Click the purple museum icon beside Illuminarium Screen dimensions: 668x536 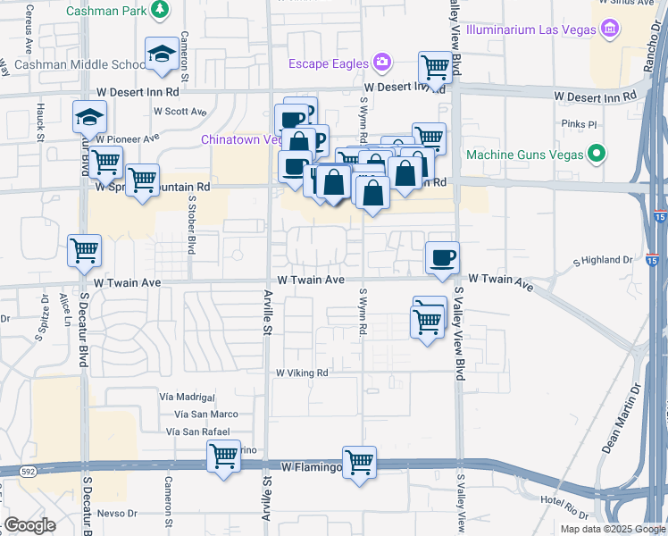(x=611, y=29)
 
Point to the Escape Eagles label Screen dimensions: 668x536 (x=328, y=63)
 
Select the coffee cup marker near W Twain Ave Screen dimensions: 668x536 (x=442, y=257)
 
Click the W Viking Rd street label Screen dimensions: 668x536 (x=302, y=373)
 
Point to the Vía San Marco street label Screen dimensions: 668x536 (x=206, y=414)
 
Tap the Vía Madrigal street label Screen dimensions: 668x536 (x=188, y=397)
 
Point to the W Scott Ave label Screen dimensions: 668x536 (x=180, y=113)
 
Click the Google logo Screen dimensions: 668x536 (x=30, y=525)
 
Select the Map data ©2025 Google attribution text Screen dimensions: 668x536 (x=612, y=529)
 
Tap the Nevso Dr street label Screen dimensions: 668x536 (x=118, y=514)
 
